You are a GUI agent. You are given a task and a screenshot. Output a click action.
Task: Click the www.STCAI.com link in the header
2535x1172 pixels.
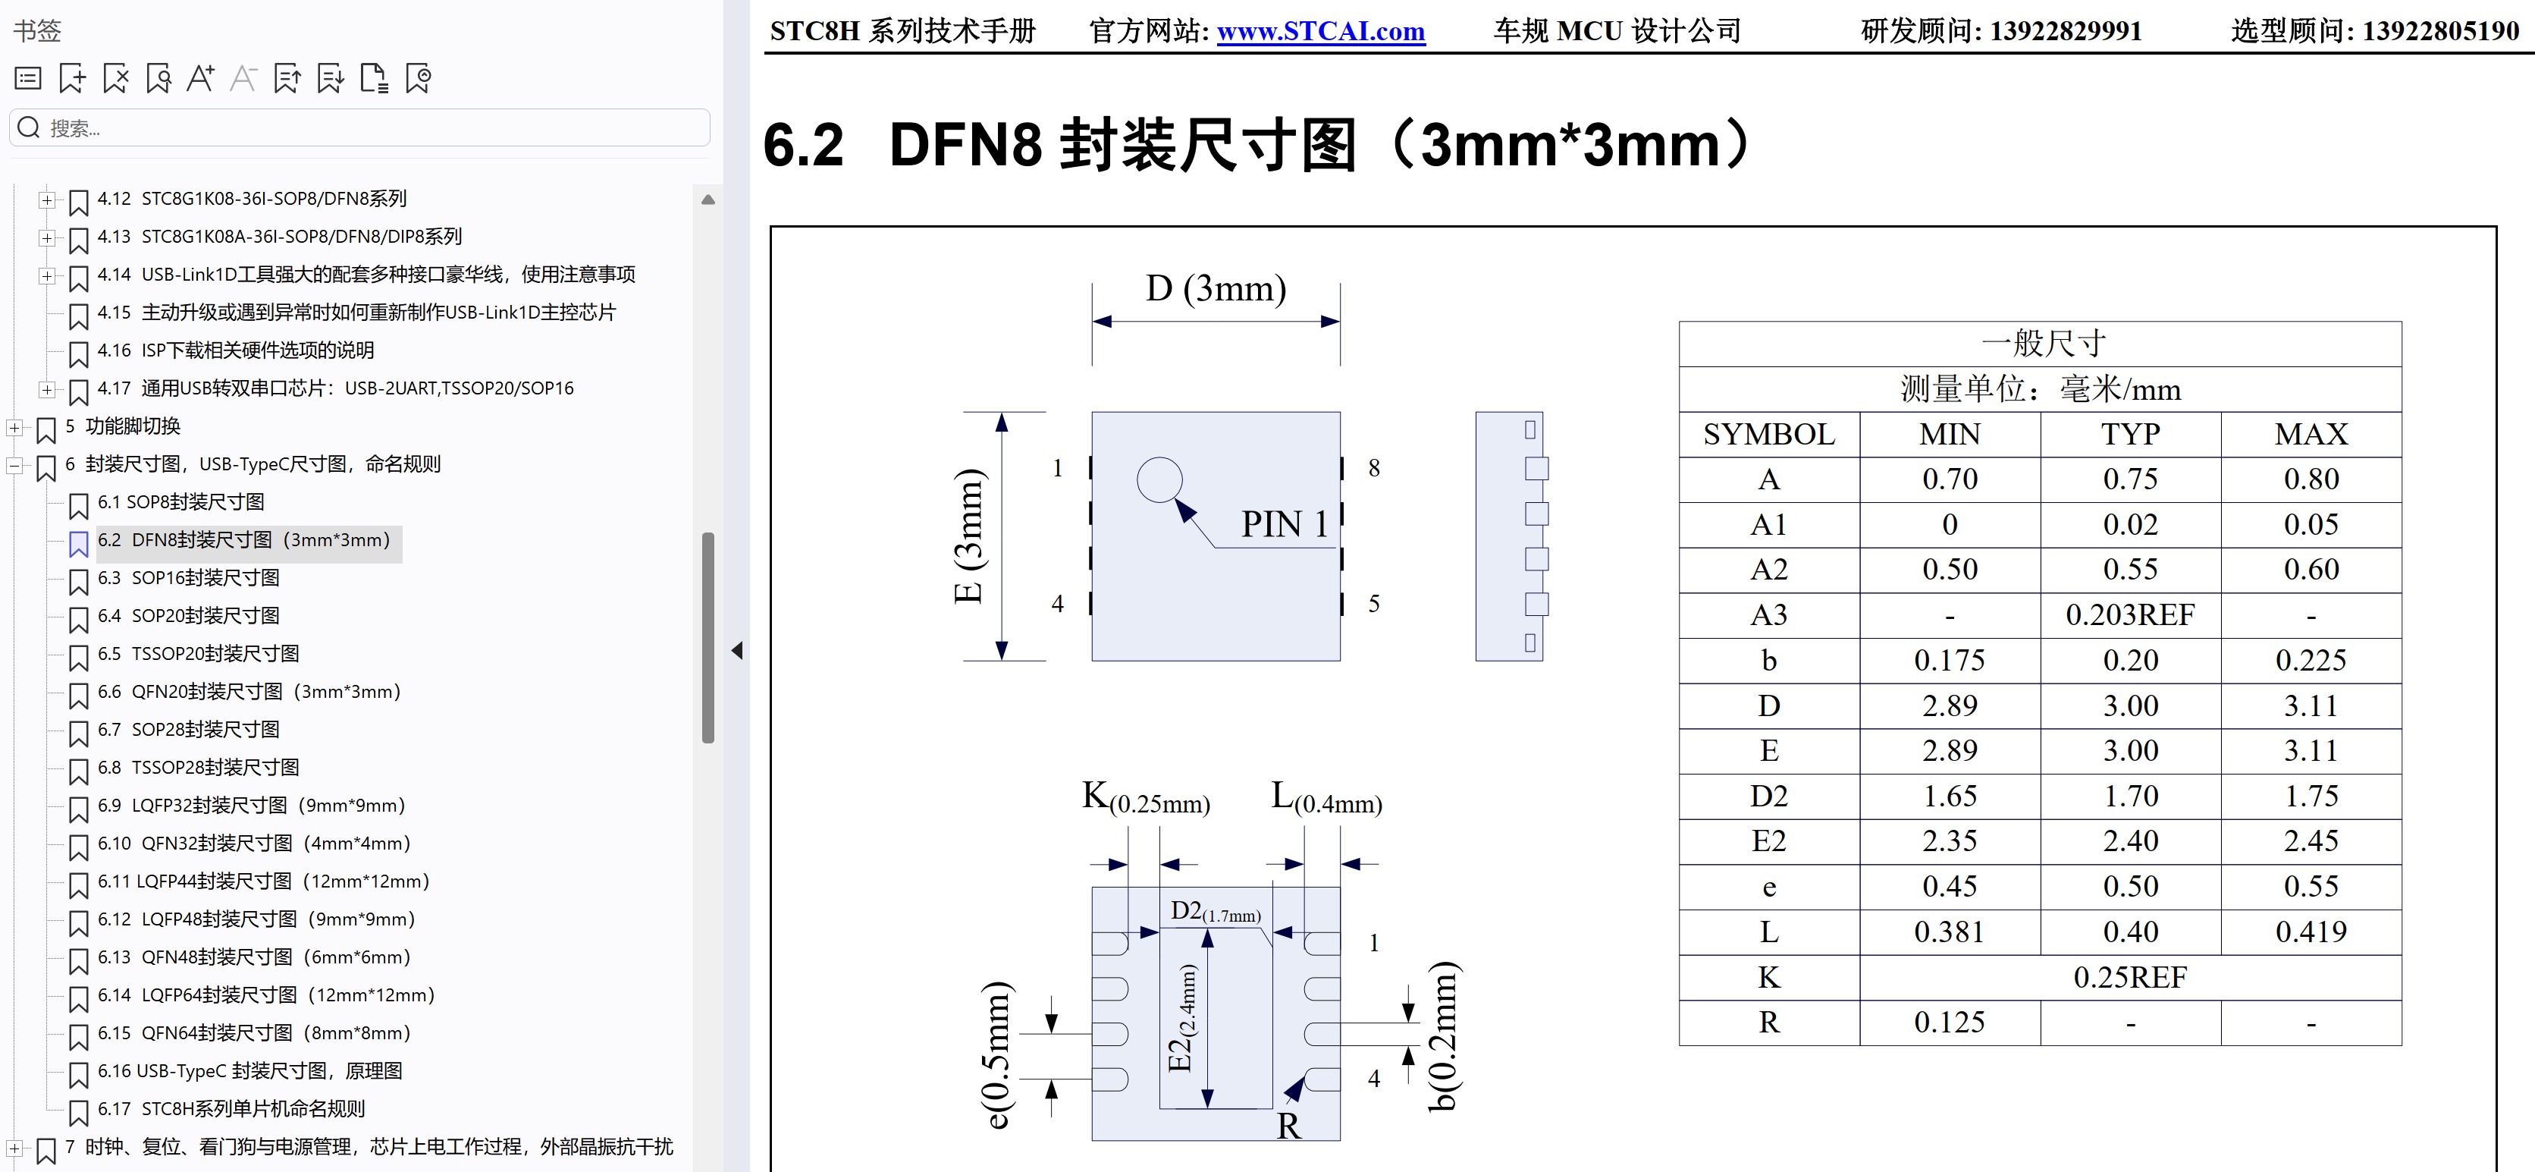point(1321,32)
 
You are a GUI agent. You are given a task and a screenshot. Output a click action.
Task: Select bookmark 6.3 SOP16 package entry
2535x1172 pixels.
point(205,577)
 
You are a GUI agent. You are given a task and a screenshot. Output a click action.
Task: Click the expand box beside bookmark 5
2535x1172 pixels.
point(14,427)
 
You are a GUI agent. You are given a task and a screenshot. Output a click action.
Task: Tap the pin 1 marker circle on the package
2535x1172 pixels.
point(1159,480)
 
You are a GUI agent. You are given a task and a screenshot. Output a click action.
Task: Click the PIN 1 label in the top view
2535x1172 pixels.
point(1285,523)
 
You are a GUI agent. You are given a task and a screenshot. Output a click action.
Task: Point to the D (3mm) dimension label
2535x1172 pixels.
point(1216,288)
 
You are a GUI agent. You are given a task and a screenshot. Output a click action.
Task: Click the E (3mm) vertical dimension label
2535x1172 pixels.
point(969,536)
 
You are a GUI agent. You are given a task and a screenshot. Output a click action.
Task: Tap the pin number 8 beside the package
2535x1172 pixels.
point(1374,468)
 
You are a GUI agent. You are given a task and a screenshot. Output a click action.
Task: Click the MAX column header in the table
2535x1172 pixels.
point(2311,434)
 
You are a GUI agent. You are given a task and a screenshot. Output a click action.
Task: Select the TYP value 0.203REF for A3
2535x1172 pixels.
point(2129,615)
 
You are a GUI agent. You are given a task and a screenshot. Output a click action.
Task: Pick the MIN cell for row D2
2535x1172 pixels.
point(1950,796)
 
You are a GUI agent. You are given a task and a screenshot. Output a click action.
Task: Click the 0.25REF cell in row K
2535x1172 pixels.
point(2129,977)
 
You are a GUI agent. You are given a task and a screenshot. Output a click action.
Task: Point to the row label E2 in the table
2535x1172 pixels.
point(1768,841)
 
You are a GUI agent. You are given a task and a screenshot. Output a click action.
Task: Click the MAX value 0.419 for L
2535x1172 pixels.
point(2311,932)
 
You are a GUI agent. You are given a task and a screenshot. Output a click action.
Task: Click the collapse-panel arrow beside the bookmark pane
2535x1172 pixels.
point(737,650)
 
